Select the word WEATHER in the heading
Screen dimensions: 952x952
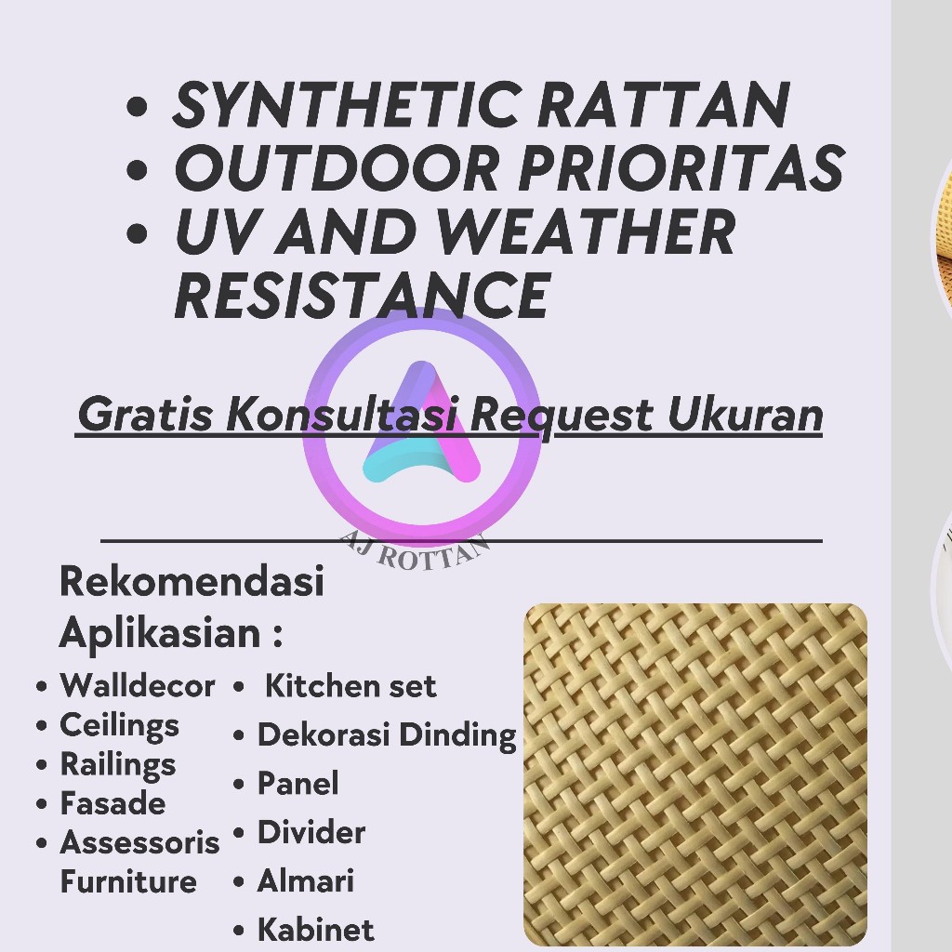pyautogui.click(x=587, y=231)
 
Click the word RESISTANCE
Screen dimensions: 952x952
pyautogui.click(x=363, y=295)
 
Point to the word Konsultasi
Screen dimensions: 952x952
pyautogui.click(x=342, y=414)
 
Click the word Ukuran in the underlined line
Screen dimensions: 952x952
pyautogui.click(x=745, y=416)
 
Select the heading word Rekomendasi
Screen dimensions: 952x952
pyautogui.click(x=192, y=581)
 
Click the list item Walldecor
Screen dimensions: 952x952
pyautogui.click(x=138, y=686)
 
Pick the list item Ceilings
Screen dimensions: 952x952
pyautogui.click(x=120, y=726)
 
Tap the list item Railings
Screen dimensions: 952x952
pyautogui.click(x=118, y=765)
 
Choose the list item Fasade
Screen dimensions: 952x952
pyautogui.click(x=112, y=803)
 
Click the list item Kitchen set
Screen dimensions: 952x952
pyautogui.click(x=350, y=686)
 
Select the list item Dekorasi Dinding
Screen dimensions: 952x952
pyautogui.click(x=388, y=735)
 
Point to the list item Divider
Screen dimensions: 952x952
pyautogui.click(x=311, y=832)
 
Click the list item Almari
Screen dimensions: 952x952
pyautogui.click(x=306, y=881)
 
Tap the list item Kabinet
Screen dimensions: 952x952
pyautogui.click(x=316, y=930)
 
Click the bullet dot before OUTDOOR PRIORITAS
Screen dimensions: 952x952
pyautogui.click(x=138, y=169)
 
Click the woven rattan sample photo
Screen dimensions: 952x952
pyautogui.click(x=695, y=774)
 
